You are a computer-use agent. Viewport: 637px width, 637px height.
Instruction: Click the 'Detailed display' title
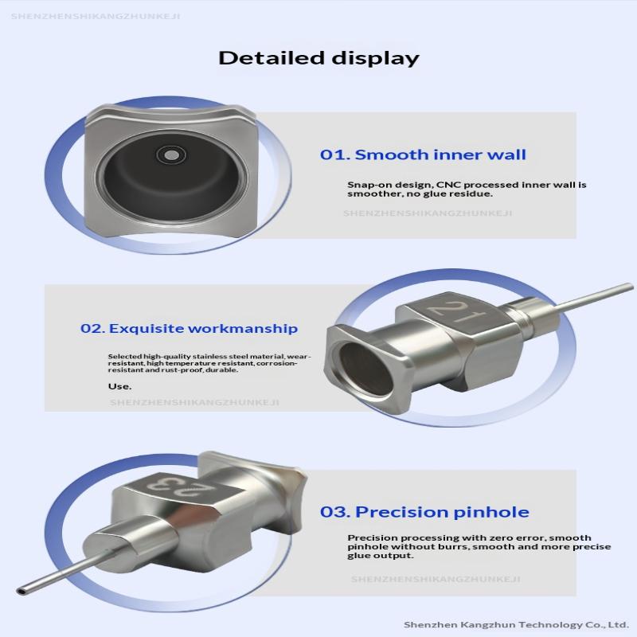coord(319,58)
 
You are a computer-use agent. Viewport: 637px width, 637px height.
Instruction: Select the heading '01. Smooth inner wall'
coord(423,154)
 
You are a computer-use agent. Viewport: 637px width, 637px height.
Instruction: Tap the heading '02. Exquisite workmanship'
coord(189,328)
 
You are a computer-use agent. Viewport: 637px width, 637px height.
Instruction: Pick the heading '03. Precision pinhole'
coord(424,512)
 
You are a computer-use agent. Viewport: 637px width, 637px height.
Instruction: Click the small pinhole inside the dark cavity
coord(171,155)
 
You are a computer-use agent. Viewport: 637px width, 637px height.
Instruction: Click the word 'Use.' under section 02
coord(120,386)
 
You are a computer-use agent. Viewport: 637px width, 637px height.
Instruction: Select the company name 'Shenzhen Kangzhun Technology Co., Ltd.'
coord(516,624)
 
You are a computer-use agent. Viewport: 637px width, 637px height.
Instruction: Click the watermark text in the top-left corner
coord(96,17)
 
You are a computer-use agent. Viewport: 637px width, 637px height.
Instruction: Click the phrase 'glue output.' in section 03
coord(381,556)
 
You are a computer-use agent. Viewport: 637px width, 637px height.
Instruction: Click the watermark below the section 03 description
coord(436,579)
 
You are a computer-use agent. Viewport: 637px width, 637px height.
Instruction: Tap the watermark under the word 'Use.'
coord(194,403)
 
